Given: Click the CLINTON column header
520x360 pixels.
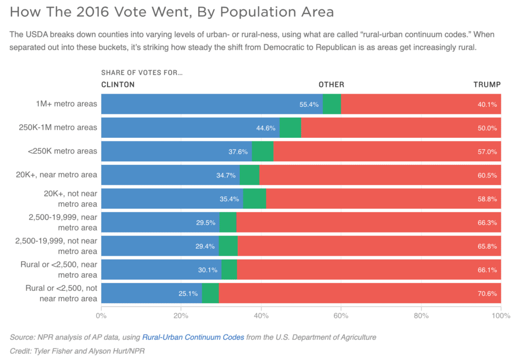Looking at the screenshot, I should (118, 84).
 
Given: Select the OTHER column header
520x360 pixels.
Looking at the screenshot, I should (331, 84).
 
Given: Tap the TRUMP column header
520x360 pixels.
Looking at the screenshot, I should (487, 84).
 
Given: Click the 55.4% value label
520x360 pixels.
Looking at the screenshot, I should (309, 104).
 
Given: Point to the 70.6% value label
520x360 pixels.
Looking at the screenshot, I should (487, 293).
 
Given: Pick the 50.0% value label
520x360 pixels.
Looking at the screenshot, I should (487, 128).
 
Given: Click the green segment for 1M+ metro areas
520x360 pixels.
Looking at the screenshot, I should (332, 104).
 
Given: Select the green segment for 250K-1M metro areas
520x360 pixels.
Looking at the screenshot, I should (290, 128).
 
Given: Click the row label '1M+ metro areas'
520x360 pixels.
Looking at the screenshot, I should (66, 104).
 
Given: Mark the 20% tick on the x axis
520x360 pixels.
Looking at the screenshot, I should (180, 315).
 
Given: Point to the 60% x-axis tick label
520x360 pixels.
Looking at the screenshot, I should (341, 315).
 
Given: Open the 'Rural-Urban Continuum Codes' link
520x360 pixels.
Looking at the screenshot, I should (193, 337).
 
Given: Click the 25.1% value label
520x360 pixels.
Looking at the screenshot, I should (188, 293).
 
